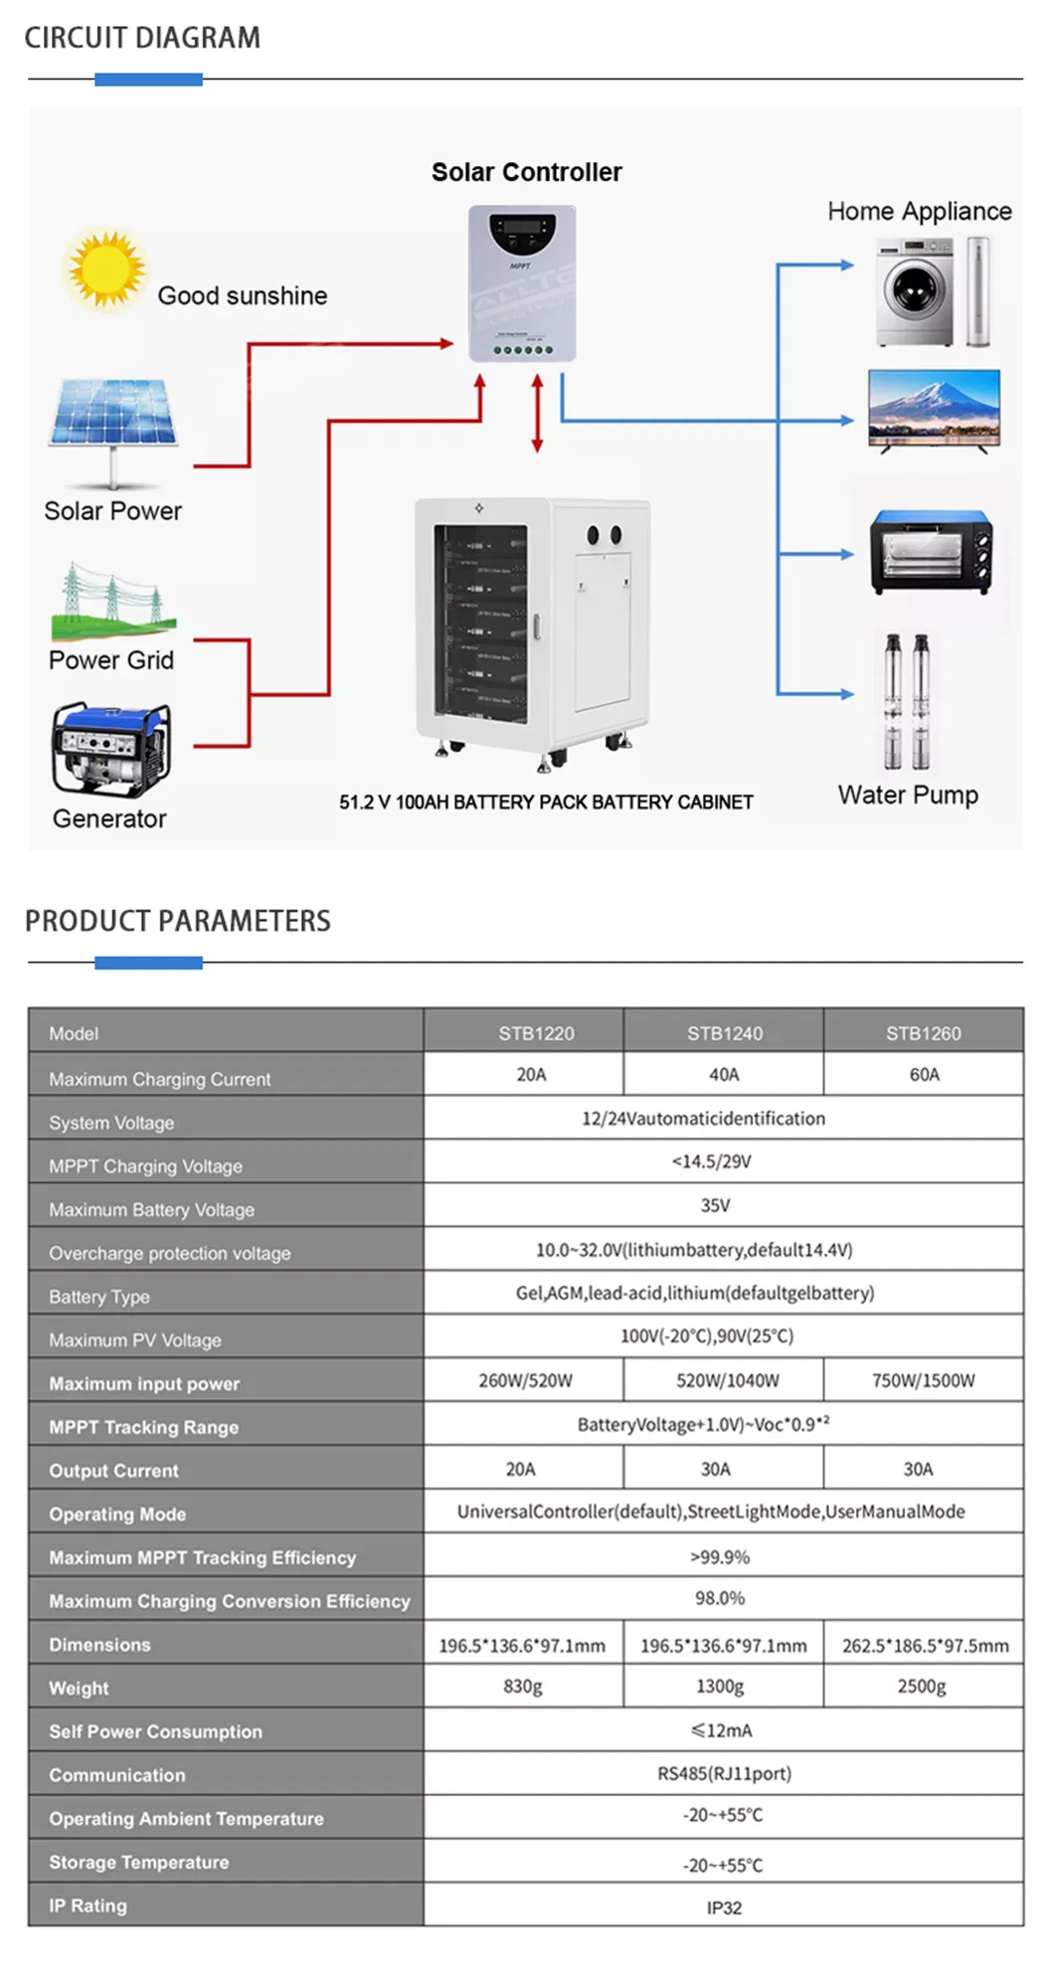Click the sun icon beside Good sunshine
point(104,269)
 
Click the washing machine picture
point(915,291)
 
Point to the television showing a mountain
point(934,409)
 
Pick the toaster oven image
point(932,552)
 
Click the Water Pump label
point(908,796)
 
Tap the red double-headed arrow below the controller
point(537,414)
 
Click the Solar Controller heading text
point(526,172)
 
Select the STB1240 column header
point(725,1033)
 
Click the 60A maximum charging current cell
point(924,1075)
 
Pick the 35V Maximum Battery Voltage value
point(715,1205)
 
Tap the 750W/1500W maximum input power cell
point(923,1380)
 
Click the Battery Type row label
point(99,1297)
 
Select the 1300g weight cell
point(720,1687)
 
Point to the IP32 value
point(724,1907)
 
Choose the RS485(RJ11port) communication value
point(724,1774)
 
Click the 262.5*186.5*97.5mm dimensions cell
point(925,1646)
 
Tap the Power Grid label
point(111,660)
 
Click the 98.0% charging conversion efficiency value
point(720,1598)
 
